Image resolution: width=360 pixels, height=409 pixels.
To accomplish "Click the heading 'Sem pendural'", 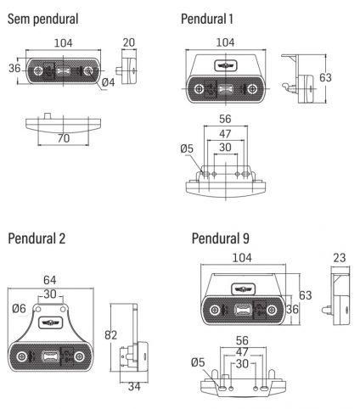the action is click(42, 19).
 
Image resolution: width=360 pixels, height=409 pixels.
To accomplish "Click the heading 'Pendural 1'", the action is click(207, 19).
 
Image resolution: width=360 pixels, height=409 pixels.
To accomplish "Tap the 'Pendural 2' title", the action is click(37, 238).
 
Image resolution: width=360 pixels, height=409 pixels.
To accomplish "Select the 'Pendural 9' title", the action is click(221, 238).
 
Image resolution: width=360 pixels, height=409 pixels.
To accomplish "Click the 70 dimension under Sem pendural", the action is click(64, 138).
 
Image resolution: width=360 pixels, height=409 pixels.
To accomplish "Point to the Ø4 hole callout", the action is click(108, 82).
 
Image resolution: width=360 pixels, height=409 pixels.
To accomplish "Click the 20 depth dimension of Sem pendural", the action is click(129, 42).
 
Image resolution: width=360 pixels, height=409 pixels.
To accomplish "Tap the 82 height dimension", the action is click(110, 335).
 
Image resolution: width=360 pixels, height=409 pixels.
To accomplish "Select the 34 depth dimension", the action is click(134, 386).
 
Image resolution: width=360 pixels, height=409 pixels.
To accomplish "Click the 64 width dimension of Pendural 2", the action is click(50, 280).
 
